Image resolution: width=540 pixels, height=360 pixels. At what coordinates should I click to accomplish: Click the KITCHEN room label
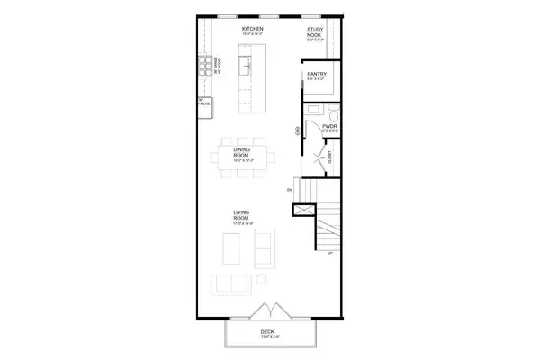(x=251, y=30)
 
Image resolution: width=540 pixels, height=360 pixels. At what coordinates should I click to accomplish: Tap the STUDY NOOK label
(x=315, y=32)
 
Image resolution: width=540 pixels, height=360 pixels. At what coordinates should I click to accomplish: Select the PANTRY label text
(x=316, y=75)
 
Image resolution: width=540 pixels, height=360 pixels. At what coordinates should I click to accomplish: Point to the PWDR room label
(x=329, y=127)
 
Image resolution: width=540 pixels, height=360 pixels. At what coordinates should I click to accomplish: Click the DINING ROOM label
(x=241, y=151)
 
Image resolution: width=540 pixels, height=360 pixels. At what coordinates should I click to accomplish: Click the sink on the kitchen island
(x=244, y=63)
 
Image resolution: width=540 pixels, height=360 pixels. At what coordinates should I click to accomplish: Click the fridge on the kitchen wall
(x=203, y=104)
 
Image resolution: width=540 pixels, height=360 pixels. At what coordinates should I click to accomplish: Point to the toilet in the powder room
(x=331, y=112)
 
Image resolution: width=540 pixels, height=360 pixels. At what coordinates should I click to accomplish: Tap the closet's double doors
(x=316, y=163)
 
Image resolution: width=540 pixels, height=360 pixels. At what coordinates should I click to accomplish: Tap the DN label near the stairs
(x=290, y=191)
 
